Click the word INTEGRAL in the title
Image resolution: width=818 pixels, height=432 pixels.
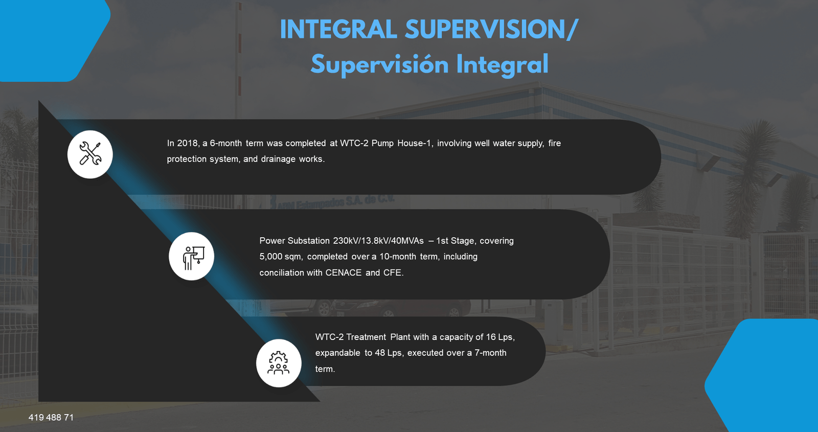pos(338,30)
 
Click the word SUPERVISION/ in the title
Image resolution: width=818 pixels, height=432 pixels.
pos(491,30)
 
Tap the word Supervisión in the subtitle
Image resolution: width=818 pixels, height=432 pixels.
pos(379,65)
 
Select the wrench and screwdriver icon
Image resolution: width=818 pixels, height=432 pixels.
pos(90,154)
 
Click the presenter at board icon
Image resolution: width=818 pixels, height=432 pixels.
pos(192,256)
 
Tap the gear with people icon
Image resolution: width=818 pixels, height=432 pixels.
pos(279,363)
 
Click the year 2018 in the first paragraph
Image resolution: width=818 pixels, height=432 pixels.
pos(188,144)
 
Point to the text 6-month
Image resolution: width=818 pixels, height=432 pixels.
pos(225,144)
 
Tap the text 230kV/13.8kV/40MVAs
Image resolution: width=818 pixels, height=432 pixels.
pos(378,241)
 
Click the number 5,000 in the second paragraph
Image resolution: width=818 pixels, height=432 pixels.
pos(270,257)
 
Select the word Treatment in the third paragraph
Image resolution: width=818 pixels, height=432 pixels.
pos(366,337)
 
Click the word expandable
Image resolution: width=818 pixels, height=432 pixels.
pos(337,353)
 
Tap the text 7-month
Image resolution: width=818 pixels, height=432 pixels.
pos(490,353)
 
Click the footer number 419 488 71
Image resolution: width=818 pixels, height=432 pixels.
pos(51,418)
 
